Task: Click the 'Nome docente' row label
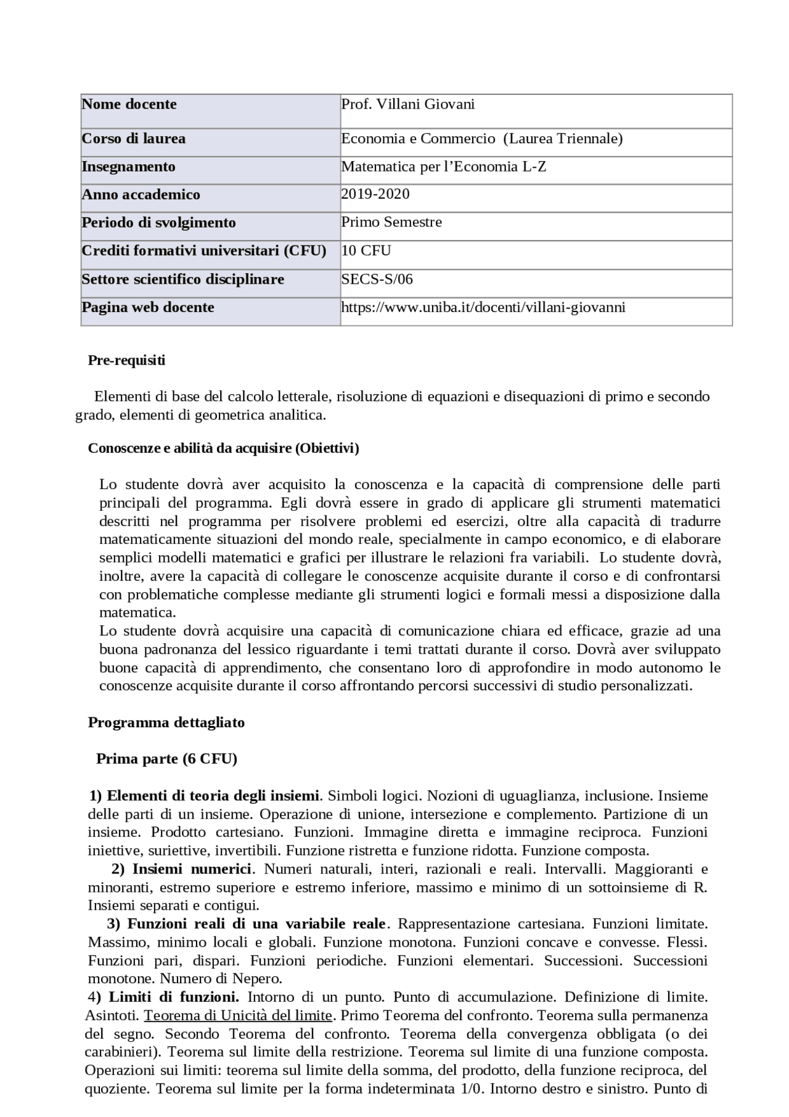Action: coord(129,104)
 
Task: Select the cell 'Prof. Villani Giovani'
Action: coord(407,104)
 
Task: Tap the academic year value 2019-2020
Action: coord(375,194)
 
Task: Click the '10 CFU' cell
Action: coord(366,250)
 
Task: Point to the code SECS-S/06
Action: coord(377,279)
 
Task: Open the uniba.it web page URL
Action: coord(483,307)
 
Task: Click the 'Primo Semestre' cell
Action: coord(391,222)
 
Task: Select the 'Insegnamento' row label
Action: coord(128,167)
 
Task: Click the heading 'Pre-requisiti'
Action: coord(126,360)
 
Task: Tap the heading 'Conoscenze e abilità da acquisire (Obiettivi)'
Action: coord(223,448)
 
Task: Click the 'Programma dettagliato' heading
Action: coord(166,722)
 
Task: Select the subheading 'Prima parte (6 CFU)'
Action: coord(166,759)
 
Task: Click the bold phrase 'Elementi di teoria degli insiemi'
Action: coord(213,796)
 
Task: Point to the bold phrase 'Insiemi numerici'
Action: coord(192,869)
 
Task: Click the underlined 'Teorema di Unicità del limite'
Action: coord(238,1015)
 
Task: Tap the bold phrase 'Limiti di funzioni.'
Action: coord(174,997)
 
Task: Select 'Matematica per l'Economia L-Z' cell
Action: coord(443,167)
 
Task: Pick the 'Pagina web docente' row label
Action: coord(148,307)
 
